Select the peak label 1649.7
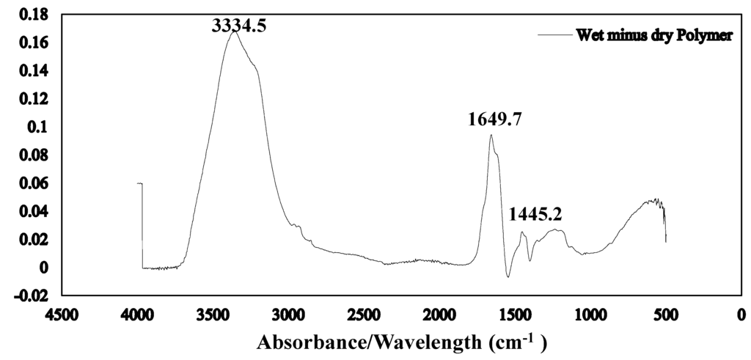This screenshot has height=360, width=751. coord(495,120)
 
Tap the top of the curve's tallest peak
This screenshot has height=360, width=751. coord(235,32)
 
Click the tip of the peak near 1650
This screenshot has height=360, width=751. coord(491,135)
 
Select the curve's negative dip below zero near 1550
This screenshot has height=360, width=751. coord(508,277)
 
